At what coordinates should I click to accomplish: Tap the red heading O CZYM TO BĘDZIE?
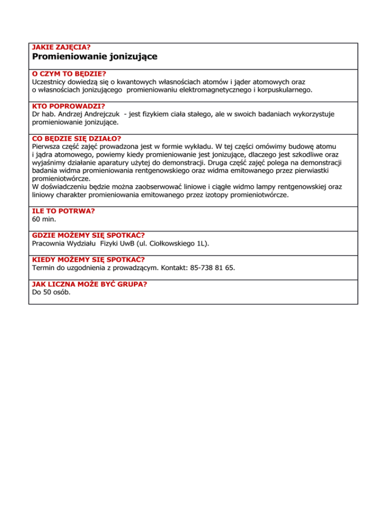[69, 74]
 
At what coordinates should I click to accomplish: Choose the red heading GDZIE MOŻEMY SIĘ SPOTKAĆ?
[88, 235]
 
